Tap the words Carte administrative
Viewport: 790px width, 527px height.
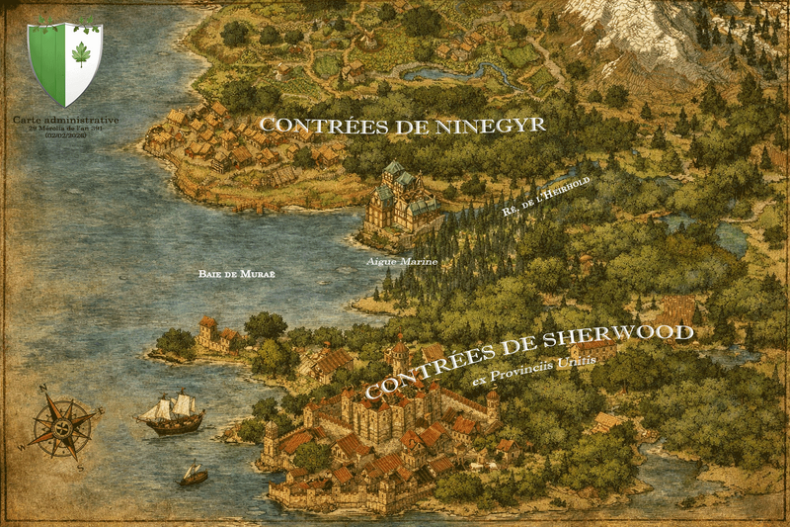[66, 119]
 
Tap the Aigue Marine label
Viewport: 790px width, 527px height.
[401, 261]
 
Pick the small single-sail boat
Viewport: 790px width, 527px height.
[194, 476]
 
